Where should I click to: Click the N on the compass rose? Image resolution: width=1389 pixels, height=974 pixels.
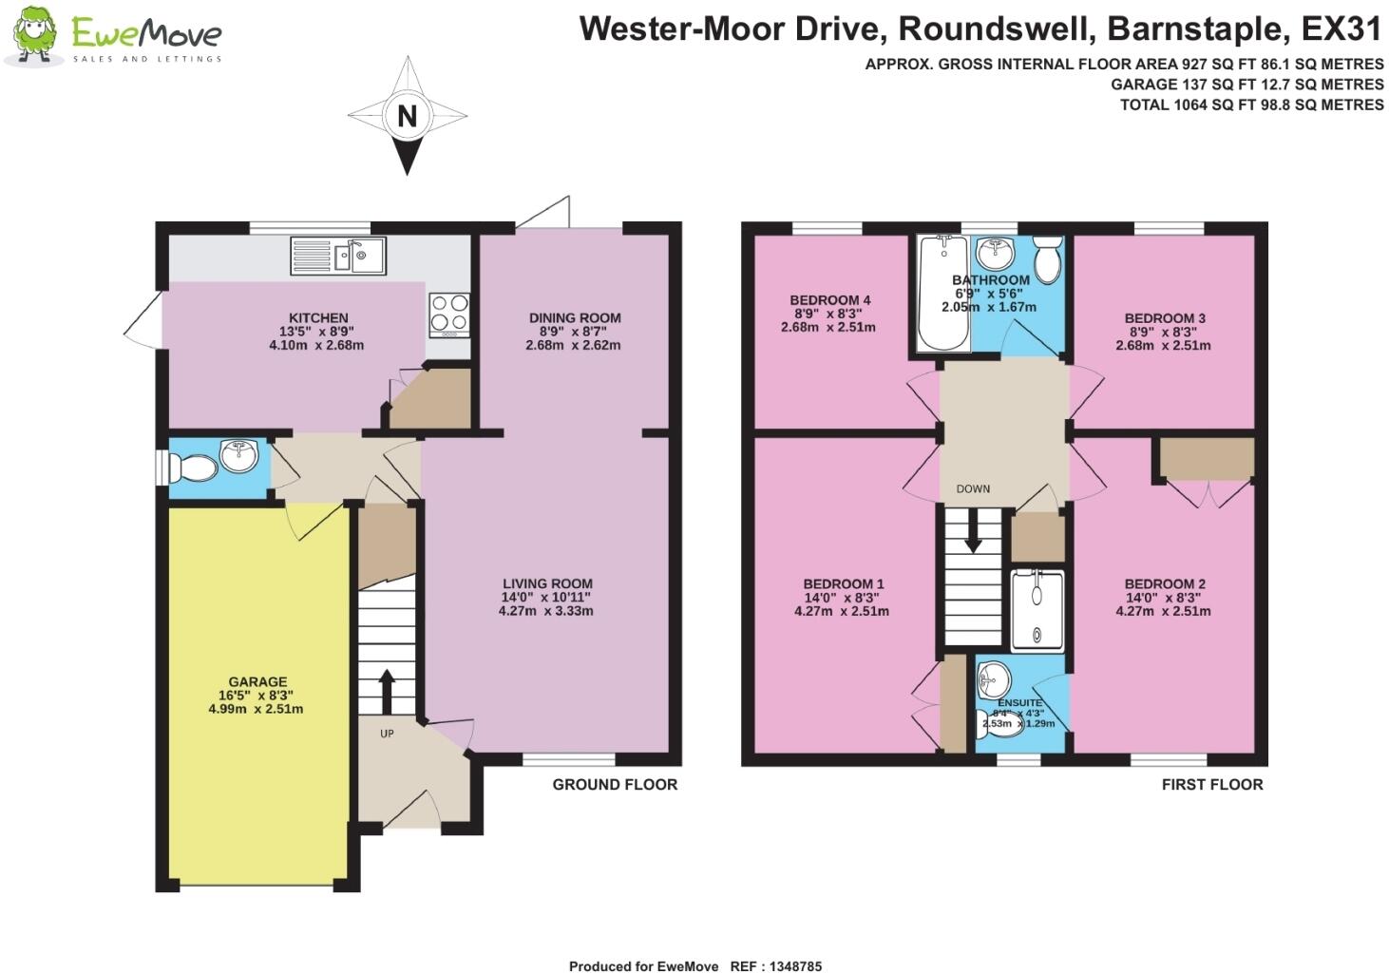click(407, 116)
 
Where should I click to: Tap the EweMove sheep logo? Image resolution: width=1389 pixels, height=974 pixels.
click(35, 36)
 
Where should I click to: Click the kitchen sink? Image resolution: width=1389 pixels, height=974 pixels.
click(339, 256)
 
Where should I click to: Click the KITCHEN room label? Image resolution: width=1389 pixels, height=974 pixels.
click(318, 317)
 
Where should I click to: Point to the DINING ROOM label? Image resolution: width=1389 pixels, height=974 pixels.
click(575, 317)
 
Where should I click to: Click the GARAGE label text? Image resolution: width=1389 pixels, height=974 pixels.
click(257, 681)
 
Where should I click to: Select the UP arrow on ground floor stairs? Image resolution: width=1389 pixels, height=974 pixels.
click(387, 692)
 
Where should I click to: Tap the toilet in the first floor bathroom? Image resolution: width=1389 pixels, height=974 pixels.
click(1047, 260)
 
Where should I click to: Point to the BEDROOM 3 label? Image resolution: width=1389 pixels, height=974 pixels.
click(1165, 317)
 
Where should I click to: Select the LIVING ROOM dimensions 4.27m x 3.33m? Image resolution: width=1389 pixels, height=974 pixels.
click(546, 611)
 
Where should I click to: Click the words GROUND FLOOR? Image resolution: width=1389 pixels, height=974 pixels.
click(615, 784)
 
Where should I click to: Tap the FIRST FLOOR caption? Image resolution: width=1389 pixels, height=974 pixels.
click(1212, 784)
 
